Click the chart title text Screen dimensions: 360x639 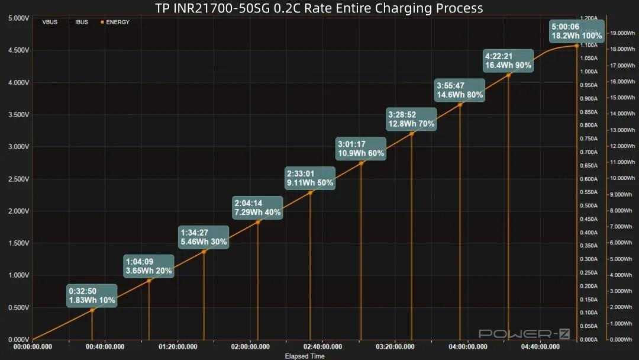click(319, 8)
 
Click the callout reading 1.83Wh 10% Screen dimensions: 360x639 click(92, 296)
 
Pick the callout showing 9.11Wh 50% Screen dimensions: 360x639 click(310, 178)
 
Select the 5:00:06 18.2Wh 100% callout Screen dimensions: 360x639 click(576, 31)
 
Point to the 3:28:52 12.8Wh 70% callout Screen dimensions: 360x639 click(411, 119)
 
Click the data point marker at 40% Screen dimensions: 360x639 click(258, 222)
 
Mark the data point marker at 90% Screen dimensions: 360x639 click(508, 75)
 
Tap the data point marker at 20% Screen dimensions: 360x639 click(149, 281)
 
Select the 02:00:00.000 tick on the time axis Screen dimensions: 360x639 click(251, 347)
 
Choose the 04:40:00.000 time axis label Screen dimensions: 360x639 click(540, 347)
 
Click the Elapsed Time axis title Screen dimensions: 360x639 click(304, 356)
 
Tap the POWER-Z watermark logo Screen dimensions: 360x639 click(524, 334)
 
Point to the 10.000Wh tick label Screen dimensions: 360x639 click(622, 178)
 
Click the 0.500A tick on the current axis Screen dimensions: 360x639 click(588, 205)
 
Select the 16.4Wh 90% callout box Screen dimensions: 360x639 click(508, 61)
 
